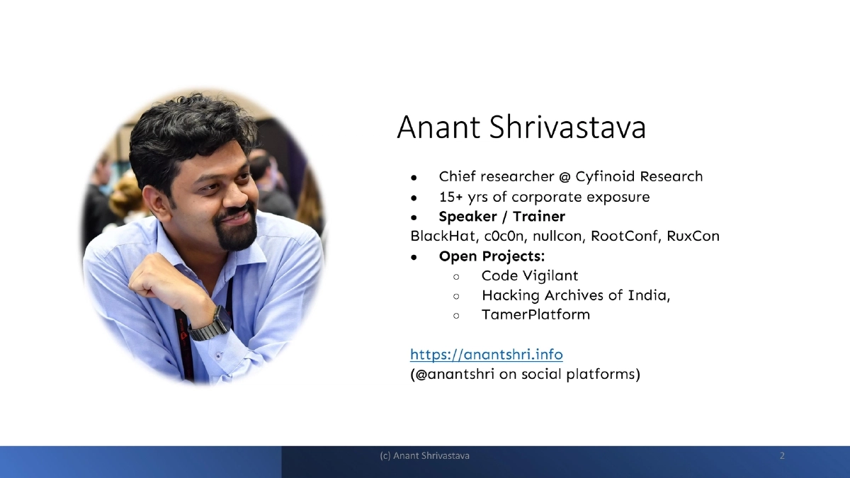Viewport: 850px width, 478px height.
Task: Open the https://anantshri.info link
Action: [487, 353]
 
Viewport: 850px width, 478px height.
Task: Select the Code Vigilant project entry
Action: [530, 275]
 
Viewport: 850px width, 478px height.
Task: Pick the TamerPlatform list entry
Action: [535, 314]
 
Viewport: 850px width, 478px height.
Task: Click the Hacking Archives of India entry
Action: [575, 295]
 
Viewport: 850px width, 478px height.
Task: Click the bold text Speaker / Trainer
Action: [501, 216]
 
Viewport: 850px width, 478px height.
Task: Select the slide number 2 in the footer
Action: [782, 456]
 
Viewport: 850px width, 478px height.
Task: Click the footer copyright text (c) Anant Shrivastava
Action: [424, 456]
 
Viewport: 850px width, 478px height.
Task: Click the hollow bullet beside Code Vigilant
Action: [457, 276]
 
